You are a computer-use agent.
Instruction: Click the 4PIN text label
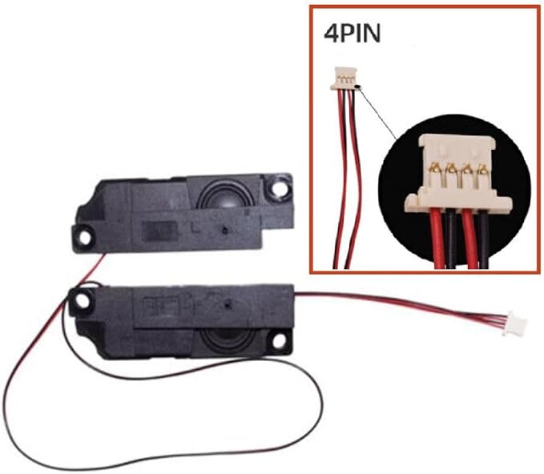tap(353, 34)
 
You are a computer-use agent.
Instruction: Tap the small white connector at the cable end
tap(516, 323)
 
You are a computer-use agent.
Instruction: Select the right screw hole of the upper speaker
tap(280, 188)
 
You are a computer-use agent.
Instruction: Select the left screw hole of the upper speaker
tap(85, 238)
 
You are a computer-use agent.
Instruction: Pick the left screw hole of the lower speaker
tap(83, 301)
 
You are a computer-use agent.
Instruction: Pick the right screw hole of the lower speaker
tap(279, 341)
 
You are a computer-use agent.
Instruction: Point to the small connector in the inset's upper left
tap(345, 78)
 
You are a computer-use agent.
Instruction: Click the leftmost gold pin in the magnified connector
tap(435, 169)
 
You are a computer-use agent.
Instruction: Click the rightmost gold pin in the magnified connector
tap(482, 170)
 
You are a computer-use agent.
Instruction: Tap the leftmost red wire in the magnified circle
tap(437, 239)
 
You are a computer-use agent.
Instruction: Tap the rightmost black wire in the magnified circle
tap(483, 240)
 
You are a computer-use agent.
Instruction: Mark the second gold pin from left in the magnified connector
tap(451, 169)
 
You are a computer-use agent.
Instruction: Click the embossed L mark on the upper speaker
tap(195, 227)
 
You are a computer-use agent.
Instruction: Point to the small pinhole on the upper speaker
tap(225, 230)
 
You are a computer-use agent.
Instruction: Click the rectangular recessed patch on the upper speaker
tap(160, 231)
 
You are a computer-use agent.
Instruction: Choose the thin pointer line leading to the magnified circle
tap(377, 113)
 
